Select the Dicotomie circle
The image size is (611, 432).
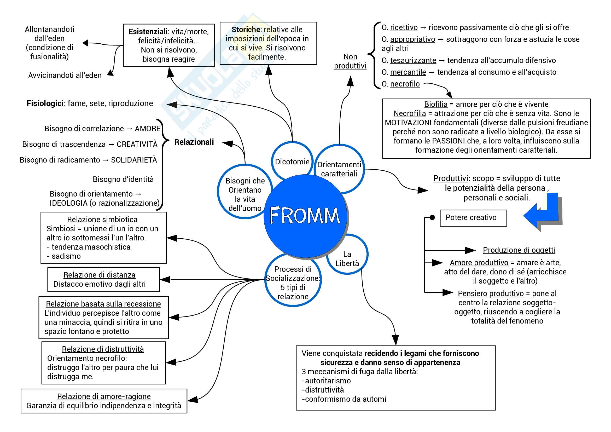[x=292, y=161]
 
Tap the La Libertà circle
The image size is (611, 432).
[x=347, y=258]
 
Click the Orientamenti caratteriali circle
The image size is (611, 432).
[x=339, y=169]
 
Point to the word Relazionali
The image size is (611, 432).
[x=194, y=142]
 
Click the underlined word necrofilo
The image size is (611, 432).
[x=404, y=84]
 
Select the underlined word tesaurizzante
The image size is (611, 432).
[x=413, y=60]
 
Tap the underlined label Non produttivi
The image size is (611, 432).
[x=350, y=61]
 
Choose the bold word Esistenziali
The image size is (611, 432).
[x=148, y=32]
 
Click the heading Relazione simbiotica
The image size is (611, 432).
[x=102, y=219]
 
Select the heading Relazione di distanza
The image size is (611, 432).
[x=99, y=275]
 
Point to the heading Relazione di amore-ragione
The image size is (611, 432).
[x=104, y=396]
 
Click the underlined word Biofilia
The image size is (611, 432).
[x=436, y=104]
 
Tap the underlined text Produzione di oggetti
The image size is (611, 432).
[x=519, y=250]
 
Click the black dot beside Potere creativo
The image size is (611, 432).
[x=432, y=217]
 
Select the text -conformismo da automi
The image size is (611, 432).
[x=344, y=399]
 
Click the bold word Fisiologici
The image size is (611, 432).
[x=45, y=103]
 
